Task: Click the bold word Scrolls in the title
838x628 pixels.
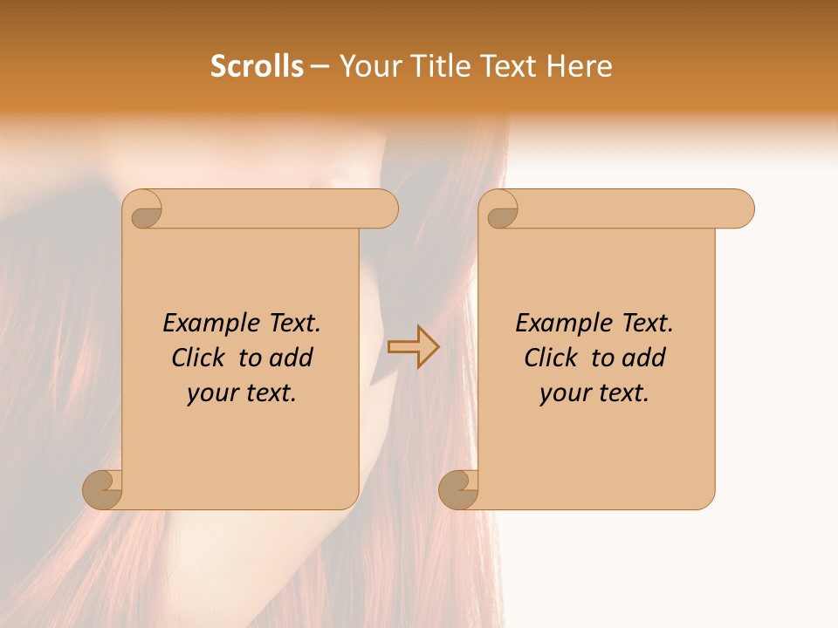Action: (257, 66)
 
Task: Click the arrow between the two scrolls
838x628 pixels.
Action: (413, 347)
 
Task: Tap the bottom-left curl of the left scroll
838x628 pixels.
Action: (103, 489)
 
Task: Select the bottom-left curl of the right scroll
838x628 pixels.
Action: (459, 489)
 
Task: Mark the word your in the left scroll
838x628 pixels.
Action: (209, 393)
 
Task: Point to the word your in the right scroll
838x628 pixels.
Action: (562, 393)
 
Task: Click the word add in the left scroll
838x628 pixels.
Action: (291, 358)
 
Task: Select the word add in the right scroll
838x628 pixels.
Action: (643, 358)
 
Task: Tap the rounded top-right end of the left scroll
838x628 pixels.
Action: (384, 209)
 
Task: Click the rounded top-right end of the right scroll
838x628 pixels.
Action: (740, 209)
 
